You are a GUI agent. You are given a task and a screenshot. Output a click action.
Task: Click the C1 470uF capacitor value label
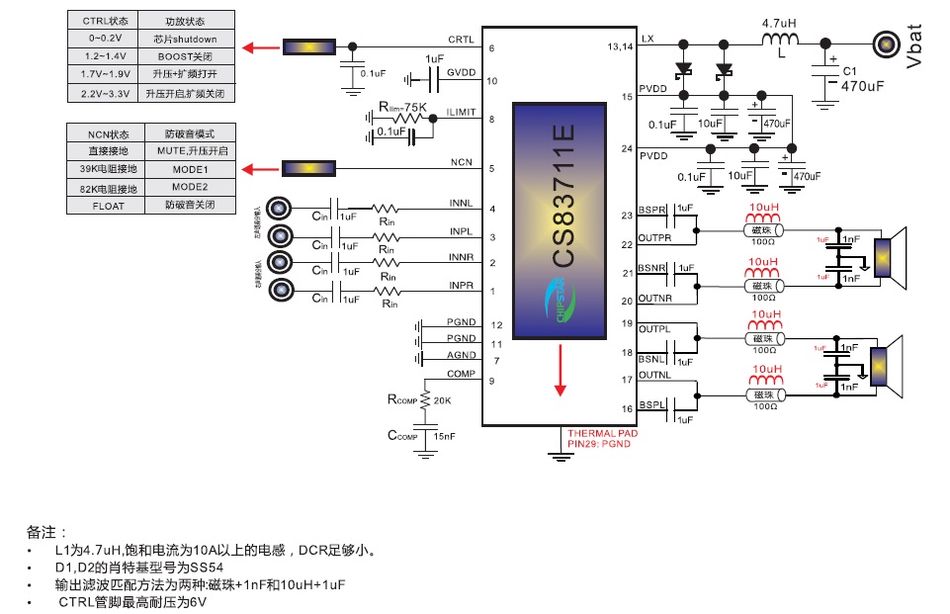[861, 86]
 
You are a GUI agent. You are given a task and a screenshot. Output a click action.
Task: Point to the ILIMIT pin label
[461, 112]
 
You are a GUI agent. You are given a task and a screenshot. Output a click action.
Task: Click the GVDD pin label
[461, 72]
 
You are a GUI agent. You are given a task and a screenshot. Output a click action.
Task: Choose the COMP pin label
[461, 374]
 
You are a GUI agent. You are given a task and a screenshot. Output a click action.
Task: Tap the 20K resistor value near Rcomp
[443, 400]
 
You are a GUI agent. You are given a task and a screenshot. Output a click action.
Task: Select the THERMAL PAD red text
[603, 433]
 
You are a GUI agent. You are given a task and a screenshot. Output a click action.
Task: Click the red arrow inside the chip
[561, 370]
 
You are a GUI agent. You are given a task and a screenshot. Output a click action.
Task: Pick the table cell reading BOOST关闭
[187, 57]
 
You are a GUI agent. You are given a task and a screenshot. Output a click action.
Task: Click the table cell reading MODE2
[187, 187]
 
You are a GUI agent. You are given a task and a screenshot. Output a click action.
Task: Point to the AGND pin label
[461, 355]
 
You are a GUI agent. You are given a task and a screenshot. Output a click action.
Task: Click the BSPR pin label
[654, 211]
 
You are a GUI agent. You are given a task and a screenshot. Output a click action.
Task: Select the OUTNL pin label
[654, 374]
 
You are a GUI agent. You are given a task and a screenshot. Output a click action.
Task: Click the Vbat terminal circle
[884, 43]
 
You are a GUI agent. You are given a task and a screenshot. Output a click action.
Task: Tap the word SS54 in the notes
[206, 568]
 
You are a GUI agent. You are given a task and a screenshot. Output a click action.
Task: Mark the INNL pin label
[461, 204]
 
